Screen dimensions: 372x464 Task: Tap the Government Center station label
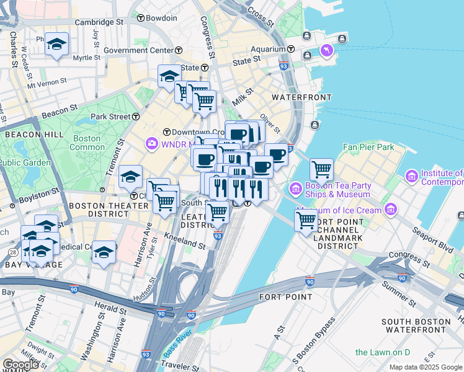(x=138, y=50)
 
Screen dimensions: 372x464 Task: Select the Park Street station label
(x=110, y=117)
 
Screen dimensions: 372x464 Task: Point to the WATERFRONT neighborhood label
(x=301, y=98)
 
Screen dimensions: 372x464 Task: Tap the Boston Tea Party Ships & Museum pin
(x=295, y=187)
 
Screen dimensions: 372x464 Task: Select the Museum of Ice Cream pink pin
(x=390, y=210)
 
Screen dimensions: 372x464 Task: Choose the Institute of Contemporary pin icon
(x=411, y=177)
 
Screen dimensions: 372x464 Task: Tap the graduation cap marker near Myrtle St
(x=57, y=44)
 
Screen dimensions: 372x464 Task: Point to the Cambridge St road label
(x=99, y=22)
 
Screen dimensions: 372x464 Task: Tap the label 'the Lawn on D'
(x=382, y=352)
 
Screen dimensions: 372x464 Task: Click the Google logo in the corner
(x=21, y=365)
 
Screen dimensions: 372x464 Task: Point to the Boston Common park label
(x=87, y=143)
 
